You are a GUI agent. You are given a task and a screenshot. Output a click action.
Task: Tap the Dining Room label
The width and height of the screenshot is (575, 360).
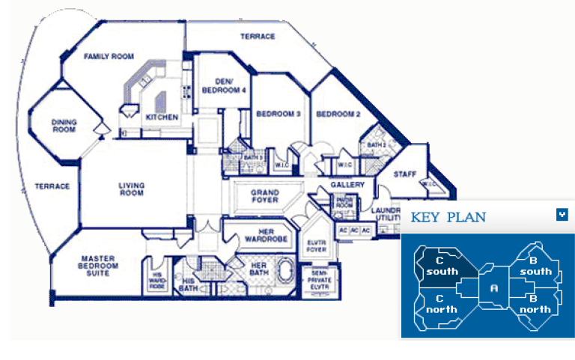pyautogui.click(x=64, y=126)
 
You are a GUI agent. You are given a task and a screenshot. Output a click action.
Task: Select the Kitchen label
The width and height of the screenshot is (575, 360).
pyautogui.click(x=161, y=117)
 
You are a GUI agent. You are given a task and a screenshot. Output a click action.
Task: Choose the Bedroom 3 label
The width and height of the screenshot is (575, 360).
pyautogui.click(x=278, y=115)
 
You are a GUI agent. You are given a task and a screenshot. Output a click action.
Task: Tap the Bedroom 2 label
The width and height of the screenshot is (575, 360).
pyautogui.click(x=338, y=115)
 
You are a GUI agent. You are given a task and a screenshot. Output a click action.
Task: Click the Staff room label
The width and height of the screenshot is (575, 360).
pyautogui.click(x=405, y=174)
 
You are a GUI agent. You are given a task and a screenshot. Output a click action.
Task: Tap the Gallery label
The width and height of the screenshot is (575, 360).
pyautogui.click(x=347, y=185)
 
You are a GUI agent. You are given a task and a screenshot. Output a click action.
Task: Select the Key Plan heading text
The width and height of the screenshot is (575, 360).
pyautogui.click(x=448, y=218)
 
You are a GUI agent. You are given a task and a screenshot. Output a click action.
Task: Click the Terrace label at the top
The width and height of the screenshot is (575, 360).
pyautogui.click(x=258, y=36)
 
